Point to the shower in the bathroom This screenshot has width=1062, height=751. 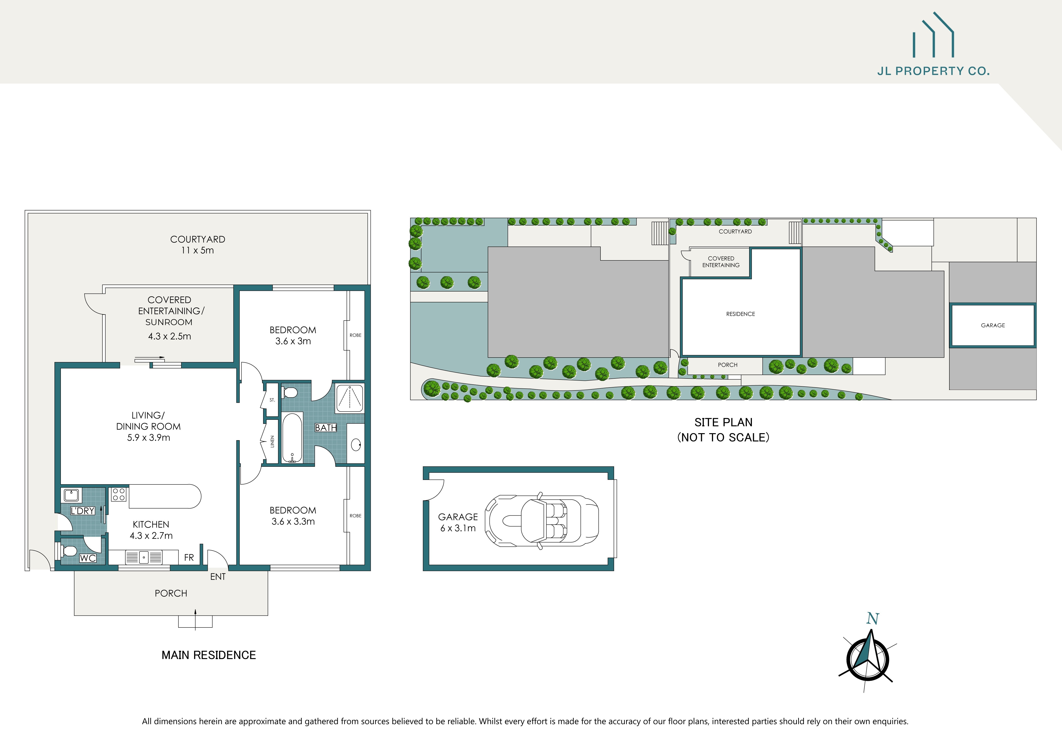[x=350, y=398]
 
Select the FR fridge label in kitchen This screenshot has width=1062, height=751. [x=189, y=558]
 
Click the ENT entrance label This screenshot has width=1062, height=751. [x=218, y=577]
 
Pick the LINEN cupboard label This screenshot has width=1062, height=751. [x=272, y=442]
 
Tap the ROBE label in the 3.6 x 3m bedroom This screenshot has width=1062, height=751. [x=355, y=335]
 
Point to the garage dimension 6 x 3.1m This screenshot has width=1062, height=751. [x=458, y=528]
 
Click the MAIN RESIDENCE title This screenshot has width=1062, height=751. [x=209, y=655]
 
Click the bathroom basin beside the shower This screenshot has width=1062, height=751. [x=356, y=445]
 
